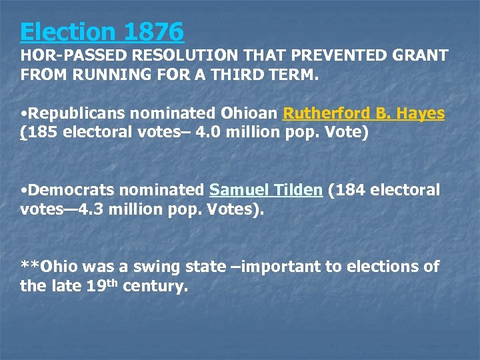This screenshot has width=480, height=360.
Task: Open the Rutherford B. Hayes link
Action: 363,113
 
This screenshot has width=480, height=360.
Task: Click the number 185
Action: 42,132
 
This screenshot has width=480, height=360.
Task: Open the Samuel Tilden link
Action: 266,190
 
